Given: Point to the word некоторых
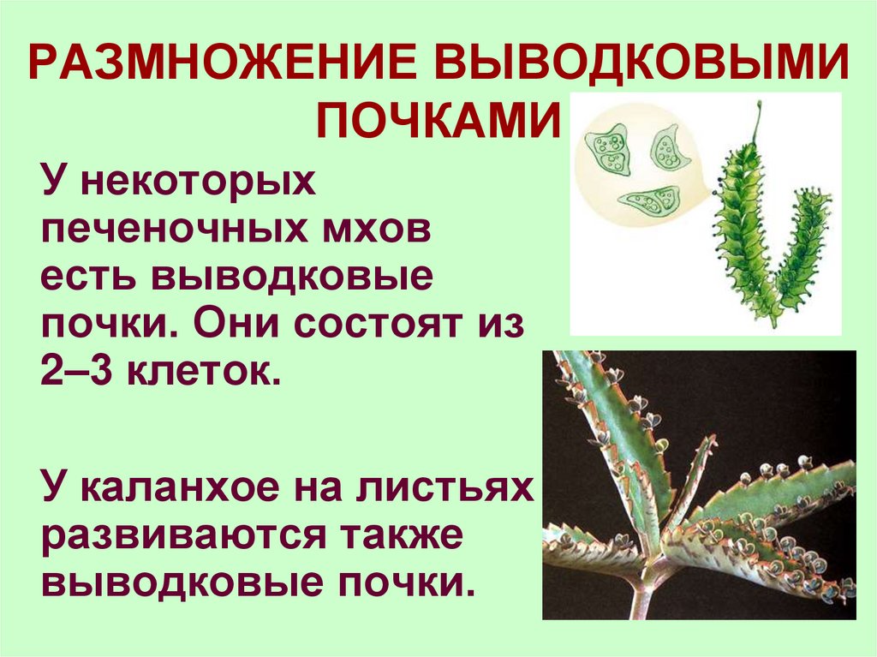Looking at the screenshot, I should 196,183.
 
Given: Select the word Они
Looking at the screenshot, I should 245,327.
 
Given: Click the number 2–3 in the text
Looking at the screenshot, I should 81,375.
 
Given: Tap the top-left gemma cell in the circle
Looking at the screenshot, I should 611,149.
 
